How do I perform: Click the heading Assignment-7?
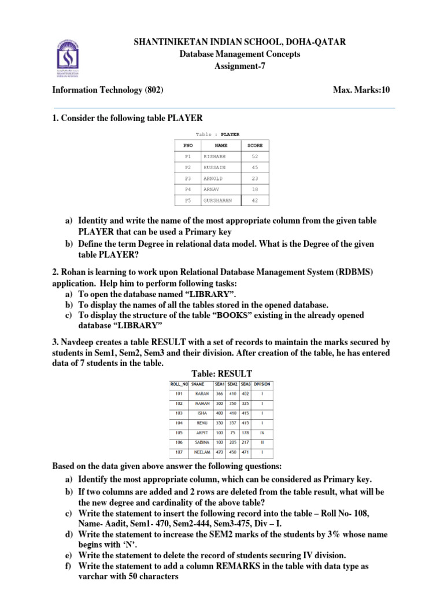(240, 66)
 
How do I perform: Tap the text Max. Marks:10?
(362, 90)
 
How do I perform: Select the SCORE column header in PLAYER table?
(254, 145)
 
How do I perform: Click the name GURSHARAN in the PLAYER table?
(218, 200)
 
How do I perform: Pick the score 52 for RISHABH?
(255, 156)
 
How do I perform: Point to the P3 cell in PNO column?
(187, 178)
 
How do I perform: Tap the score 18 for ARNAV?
(255, 189)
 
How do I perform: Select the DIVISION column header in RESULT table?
(262, 384)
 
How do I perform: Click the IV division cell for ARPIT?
(262, 431)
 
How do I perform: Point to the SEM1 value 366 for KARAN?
(219, 393)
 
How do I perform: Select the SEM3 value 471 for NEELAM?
(245, 452)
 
